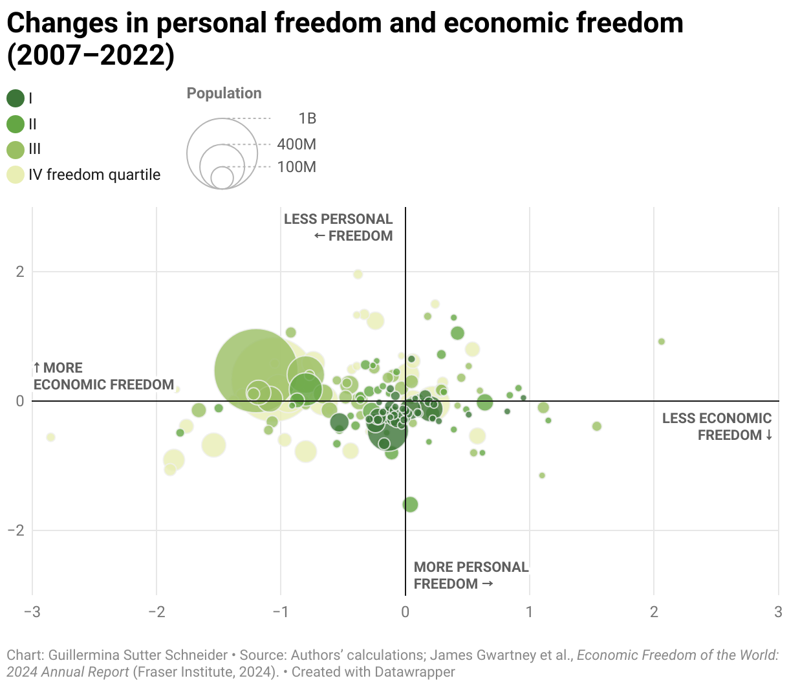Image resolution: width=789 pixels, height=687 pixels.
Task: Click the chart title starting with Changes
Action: tap(344, 39)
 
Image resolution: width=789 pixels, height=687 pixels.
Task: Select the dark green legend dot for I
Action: tap(16, 98)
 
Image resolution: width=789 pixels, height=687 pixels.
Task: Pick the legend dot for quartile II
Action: tap(16, 124)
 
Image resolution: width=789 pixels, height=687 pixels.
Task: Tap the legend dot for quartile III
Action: tap(16, 149)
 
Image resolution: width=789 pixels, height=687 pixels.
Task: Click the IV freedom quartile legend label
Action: tap(94, 175)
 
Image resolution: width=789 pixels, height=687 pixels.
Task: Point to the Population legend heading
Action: tap(224, 93)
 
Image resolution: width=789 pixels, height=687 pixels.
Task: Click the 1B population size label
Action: tap(307, 118)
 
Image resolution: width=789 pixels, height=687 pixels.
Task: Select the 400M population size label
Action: tap(296, 144)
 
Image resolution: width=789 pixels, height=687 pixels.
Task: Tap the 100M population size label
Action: tap(296, 167)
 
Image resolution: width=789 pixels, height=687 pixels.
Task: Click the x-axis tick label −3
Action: tap(32, 612)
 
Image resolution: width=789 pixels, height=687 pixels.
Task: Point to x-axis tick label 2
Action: tap(654, 612)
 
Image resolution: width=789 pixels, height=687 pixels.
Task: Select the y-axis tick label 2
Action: tap(20, 272)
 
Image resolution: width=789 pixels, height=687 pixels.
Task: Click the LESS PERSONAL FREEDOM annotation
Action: tap(339, 228)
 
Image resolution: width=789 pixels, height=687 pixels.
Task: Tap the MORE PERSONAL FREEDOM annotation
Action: tap(471, 575)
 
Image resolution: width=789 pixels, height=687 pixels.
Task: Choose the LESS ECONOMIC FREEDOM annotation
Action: tap(717, 426)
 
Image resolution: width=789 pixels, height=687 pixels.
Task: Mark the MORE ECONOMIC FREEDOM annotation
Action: tap(103, 376)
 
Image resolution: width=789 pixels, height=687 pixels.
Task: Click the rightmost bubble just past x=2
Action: tap(661, 342)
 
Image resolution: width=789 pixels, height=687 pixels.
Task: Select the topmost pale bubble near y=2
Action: tap(358, 274)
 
